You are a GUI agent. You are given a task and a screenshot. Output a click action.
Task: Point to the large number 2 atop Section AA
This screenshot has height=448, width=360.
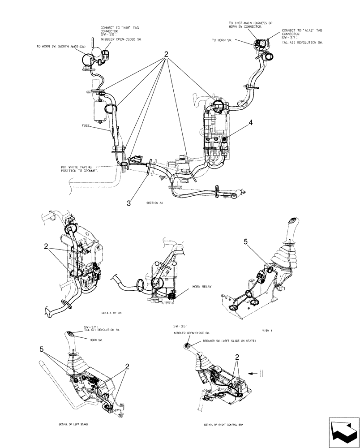(166, 55)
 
